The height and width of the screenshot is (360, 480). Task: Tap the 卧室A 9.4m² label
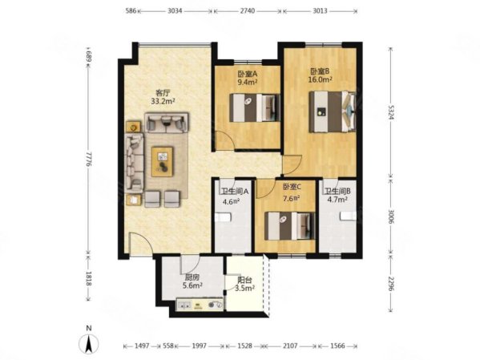[x=248, y=78]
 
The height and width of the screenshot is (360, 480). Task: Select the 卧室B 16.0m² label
[x=321, y=75]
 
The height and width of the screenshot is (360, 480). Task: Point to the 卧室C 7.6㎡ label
[x=292, y=192]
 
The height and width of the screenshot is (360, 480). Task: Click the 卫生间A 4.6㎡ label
[x=234, y=196]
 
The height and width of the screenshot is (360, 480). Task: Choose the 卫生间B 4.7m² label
[x=337, y=196]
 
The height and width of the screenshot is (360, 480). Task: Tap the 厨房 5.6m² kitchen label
[x=192, y=281]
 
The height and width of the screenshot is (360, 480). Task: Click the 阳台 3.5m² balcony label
[x=245, y=284]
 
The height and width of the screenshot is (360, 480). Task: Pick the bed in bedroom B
[x=333, y=111]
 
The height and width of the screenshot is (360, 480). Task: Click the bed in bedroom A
[x=255, y=107]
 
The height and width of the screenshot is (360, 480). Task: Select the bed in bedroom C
[x=290, y=226]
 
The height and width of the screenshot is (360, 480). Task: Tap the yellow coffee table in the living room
[x=162, y=161]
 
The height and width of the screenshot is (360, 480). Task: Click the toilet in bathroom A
[x=223, y=218]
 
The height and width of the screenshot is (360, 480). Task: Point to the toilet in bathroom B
[x=348, y=216]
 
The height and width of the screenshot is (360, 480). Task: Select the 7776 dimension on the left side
[x=88, y=159]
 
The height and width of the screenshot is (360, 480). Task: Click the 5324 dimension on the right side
[x=391, y=112]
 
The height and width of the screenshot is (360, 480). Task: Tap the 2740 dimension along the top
[x=248, y=11]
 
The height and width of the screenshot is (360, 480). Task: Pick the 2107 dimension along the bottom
[x=290, y=346]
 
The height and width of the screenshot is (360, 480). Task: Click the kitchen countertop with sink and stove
[x=200, y=305]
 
